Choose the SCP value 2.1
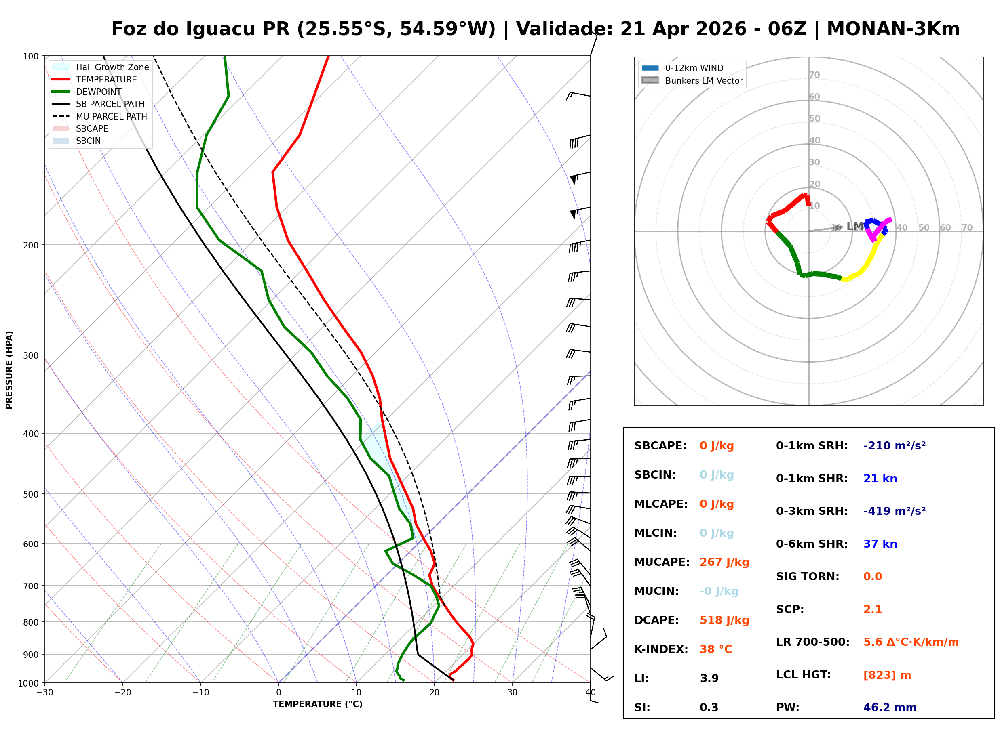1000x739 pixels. (872, 609)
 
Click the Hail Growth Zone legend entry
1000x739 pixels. (112, 67)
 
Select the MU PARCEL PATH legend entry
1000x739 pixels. (111, 116)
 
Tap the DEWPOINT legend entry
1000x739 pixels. (99, 92)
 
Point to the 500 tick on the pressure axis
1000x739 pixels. (30, 494)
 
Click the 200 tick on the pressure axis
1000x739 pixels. (30, 245)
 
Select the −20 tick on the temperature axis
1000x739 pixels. (122, 693)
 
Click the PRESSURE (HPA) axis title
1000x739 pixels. (9, 370)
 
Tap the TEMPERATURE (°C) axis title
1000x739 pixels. (317, 704)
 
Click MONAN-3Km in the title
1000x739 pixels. (892, 29)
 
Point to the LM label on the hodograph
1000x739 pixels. (854, 227)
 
